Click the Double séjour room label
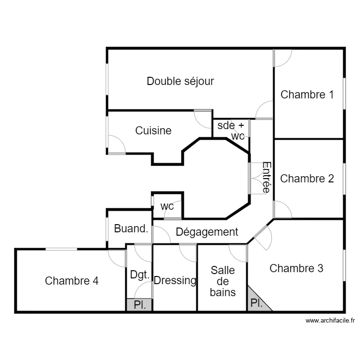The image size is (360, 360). (x=180, y=81)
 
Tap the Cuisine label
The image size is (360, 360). (x=153, y=131)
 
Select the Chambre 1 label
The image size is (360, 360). (x=307, y=95)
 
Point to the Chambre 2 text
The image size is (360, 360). (x=307, y=179)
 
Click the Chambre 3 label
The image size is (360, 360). (x=296, y=268)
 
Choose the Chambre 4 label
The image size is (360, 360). (x=72, y=281)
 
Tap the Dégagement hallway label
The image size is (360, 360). (x=207, y=232)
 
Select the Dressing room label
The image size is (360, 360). (x=175, y=281)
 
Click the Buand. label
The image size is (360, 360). (x=131, y=229)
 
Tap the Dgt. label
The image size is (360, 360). (x=140, y=276)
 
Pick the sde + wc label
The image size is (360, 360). (x=231, y=131)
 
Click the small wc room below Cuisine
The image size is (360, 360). (x=167, y=206)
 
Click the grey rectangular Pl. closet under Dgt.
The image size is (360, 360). (x=140, y=305)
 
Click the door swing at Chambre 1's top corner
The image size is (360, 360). (x=282, y=58)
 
